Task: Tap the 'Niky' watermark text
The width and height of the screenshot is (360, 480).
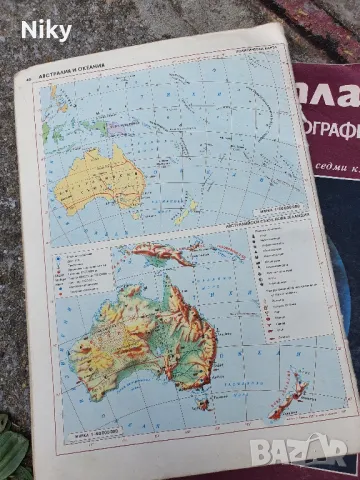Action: tap(46, 30)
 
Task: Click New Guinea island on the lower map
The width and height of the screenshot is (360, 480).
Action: tap(160, 254)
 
